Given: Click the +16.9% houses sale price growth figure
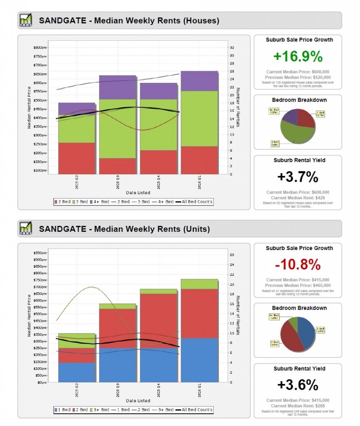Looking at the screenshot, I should tap(298, 56).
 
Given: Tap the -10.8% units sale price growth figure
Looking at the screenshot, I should tap(298, 265).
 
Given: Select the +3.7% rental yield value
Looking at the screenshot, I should tap(298, 177).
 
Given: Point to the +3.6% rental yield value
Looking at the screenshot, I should tap(298, 385).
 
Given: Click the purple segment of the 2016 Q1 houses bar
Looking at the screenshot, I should tap(199, 81).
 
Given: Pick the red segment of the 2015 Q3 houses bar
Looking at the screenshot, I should tap(117, 166).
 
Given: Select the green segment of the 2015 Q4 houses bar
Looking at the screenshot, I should tap(158, 124).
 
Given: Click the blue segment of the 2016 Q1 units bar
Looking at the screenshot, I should tap(199, 360).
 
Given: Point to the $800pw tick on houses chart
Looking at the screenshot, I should tap(40, 47).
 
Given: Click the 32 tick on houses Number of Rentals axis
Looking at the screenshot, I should tap(232, 47).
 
